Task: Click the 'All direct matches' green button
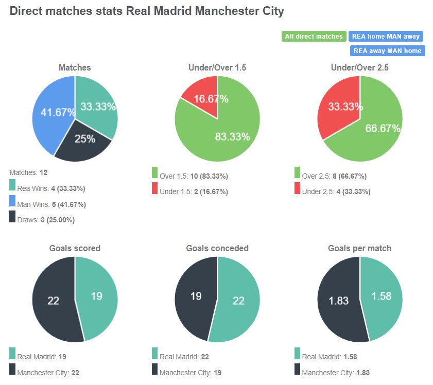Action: tap(314, 37)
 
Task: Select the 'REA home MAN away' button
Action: tap(386, 37)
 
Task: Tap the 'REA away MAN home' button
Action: tap(387, 50)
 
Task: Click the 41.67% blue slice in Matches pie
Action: tap(49, 113)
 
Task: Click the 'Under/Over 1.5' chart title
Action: tap(217, 67)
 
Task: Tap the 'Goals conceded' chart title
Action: tap(217, 248)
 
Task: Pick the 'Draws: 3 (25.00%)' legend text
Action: tap(46, 220)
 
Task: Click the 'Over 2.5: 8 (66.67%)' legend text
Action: tap(334, 176)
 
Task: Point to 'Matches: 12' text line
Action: tap(28, 172)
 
